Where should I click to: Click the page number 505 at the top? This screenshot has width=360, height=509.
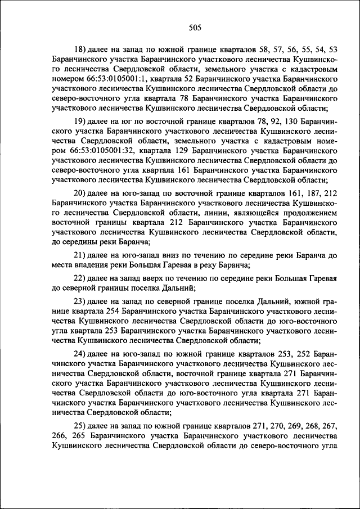[195, 27]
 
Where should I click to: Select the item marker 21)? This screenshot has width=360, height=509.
[80, 255]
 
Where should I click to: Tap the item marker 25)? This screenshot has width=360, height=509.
[80, 426]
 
